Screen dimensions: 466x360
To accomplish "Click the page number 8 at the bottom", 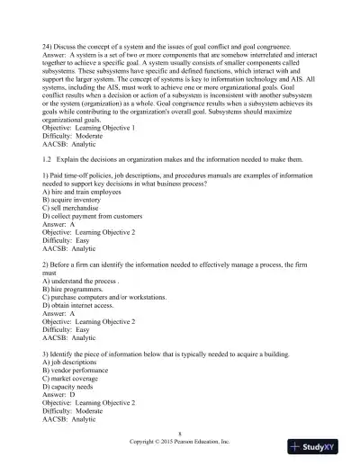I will pos(180,435).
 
